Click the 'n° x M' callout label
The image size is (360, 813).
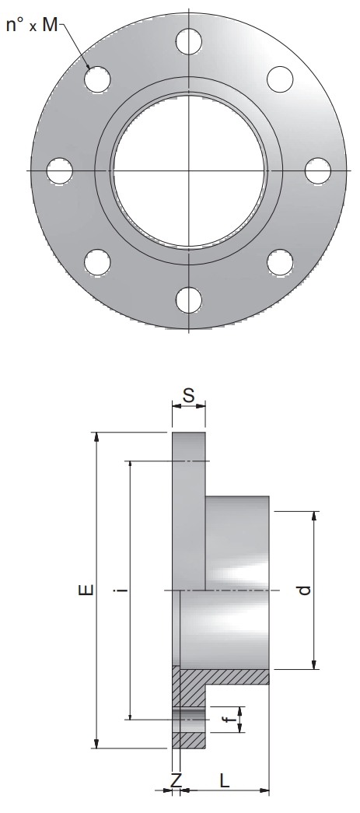coord(32,24)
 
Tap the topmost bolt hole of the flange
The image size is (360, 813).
coord(188,41)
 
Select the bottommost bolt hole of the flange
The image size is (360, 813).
coord(188,300)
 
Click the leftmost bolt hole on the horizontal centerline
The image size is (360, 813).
coord(60,170)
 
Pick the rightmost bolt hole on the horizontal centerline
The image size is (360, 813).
coord(317,170)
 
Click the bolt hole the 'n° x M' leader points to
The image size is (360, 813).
coord(97,79)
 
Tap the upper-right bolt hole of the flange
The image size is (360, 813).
coord(280,79)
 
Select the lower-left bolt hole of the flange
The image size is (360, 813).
coord(97,262)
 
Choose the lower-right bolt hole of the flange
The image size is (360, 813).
coord(280,262)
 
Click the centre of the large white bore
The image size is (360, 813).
coord(188,170)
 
